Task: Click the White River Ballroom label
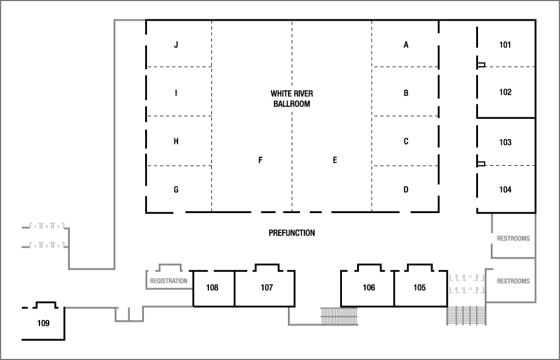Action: pos(292,99)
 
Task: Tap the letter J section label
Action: pos(176,45)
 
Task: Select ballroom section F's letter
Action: pos(260,160)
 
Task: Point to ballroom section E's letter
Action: pos(335,160)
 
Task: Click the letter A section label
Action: pos(406,45)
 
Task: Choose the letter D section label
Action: pos(406,189)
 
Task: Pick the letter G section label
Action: pos(176,189)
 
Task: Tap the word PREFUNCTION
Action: pos(292,233)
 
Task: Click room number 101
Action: pos(505,45)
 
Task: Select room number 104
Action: pos(505,189)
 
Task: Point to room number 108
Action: pos(212,288)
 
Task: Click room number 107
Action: pos(267,288)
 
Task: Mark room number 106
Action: pos(369,288)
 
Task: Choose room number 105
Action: pos(420,288)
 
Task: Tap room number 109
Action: pos(43,323)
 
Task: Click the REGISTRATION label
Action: pos(168,281)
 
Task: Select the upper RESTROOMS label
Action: pos(513,239)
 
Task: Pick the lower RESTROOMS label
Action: pos(513,281)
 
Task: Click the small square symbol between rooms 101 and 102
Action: pos(481,65)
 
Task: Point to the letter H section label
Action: pos(176,141)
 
